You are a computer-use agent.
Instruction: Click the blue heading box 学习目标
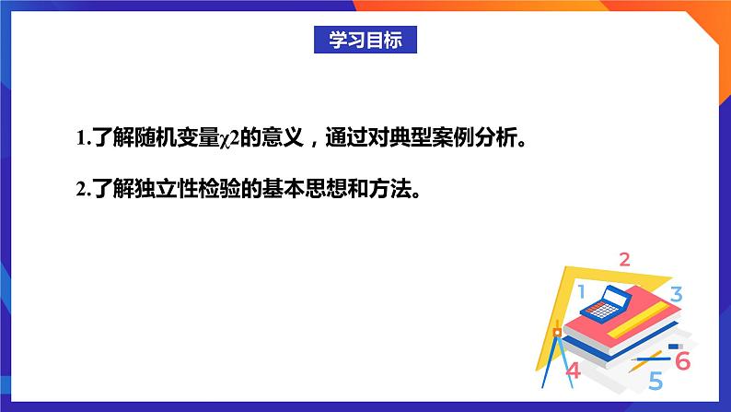[x=365, y=40]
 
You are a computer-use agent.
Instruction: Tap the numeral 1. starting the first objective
[x=82, y=139]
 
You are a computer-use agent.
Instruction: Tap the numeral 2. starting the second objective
[x=82, y=190]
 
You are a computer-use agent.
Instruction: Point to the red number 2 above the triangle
[x=624, y=259]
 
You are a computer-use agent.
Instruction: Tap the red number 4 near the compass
[x=574, y=371]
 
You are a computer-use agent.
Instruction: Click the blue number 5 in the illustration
[x=656, y=380]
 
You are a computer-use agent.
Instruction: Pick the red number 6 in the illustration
[x=682, y=361]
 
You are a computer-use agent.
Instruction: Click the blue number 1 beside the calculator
[x=580, y=293]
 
